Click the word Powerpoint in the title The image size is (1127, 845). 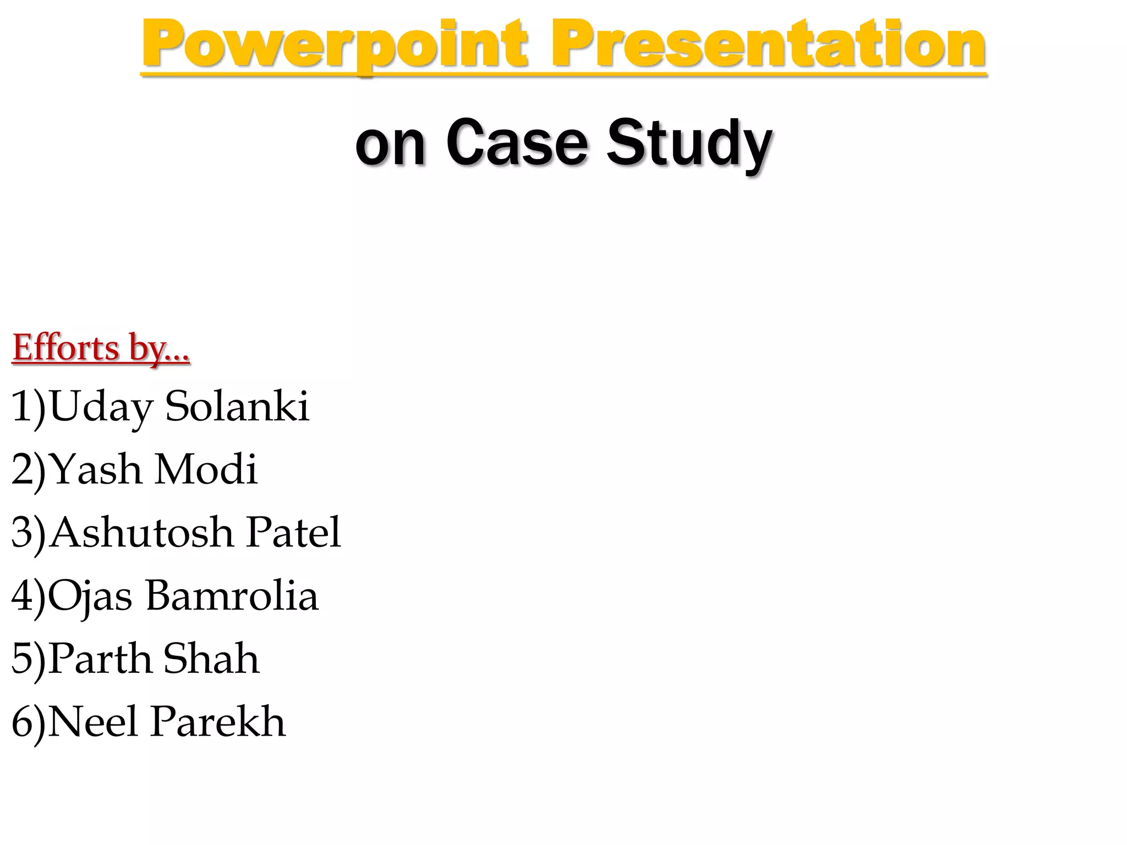334,45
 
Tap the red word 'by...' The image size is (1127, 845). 160,349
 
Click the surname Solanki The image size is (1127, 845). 237,406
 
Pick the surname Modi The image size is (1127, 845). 205,469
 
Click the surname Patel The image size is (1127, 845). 293,533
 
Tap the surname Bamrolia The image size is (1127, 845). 232,596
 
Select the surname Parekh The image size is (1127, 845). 218,722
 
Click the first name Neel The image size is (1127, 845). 92,722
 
